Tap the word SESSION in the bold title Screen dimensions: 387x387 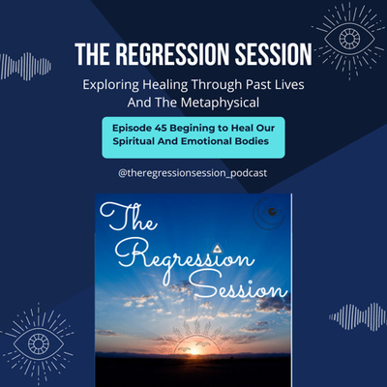[x=274, y=54]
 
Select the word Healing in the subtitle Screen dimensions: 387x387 [x=164, y=85]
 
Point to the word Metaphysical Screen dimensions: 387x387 [x=220, y=103]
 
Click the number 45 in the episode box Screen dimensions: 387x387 [x=161, y=128]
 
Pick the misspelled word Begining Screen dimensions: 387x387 [x=193, y=129]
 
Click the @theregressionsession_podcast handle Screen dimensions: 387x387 [x=193, y=173]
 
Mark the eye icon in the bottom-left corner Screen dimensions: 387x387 [x=39, y=343]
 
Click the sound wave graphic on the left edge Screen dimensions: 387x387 [x=25, y=67]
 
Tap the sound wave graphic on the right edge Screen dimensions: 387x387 [x=357, y=317]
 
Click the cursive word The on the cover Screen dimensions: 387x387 [x=128, y=217]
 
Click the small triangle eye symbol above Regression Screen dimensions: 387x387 [x=217, y=249]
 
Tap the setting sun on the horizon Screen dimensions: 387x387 [x=193, y=350]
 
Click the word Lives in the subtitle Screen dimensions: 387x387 [x=288, y=85]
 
